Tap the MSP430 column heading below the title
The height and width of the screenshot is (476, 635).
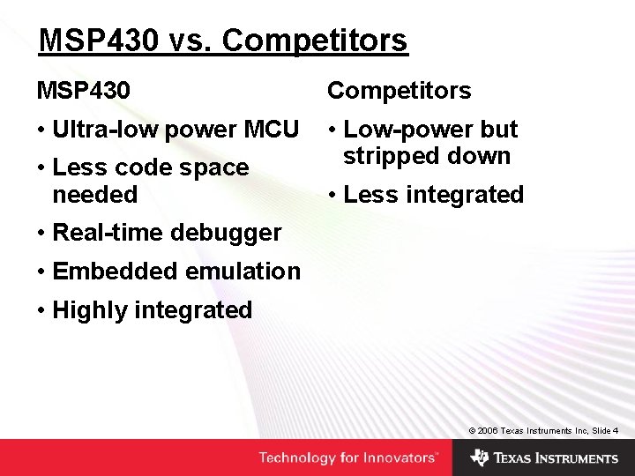(x=83, y=90)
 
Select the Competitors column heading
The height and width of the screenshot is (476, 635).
(x=400, y=90)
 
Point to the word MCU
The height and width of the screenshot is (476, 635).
(x=271, y=130)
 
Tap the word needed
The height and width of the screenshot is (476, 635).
(x=95, y=194)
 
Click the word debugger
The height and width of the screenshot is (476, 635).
(x=227, y=233)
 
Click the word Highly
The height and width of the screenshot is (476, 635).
(x=86, y=310)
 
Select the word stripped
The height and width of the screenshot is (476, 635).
(x=385, y=156)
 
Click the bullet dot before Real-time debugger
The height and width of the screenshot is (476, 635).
(x=41, y=234)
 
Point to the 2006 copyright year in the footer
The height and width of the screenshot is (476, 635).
(x=489, y=430)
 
